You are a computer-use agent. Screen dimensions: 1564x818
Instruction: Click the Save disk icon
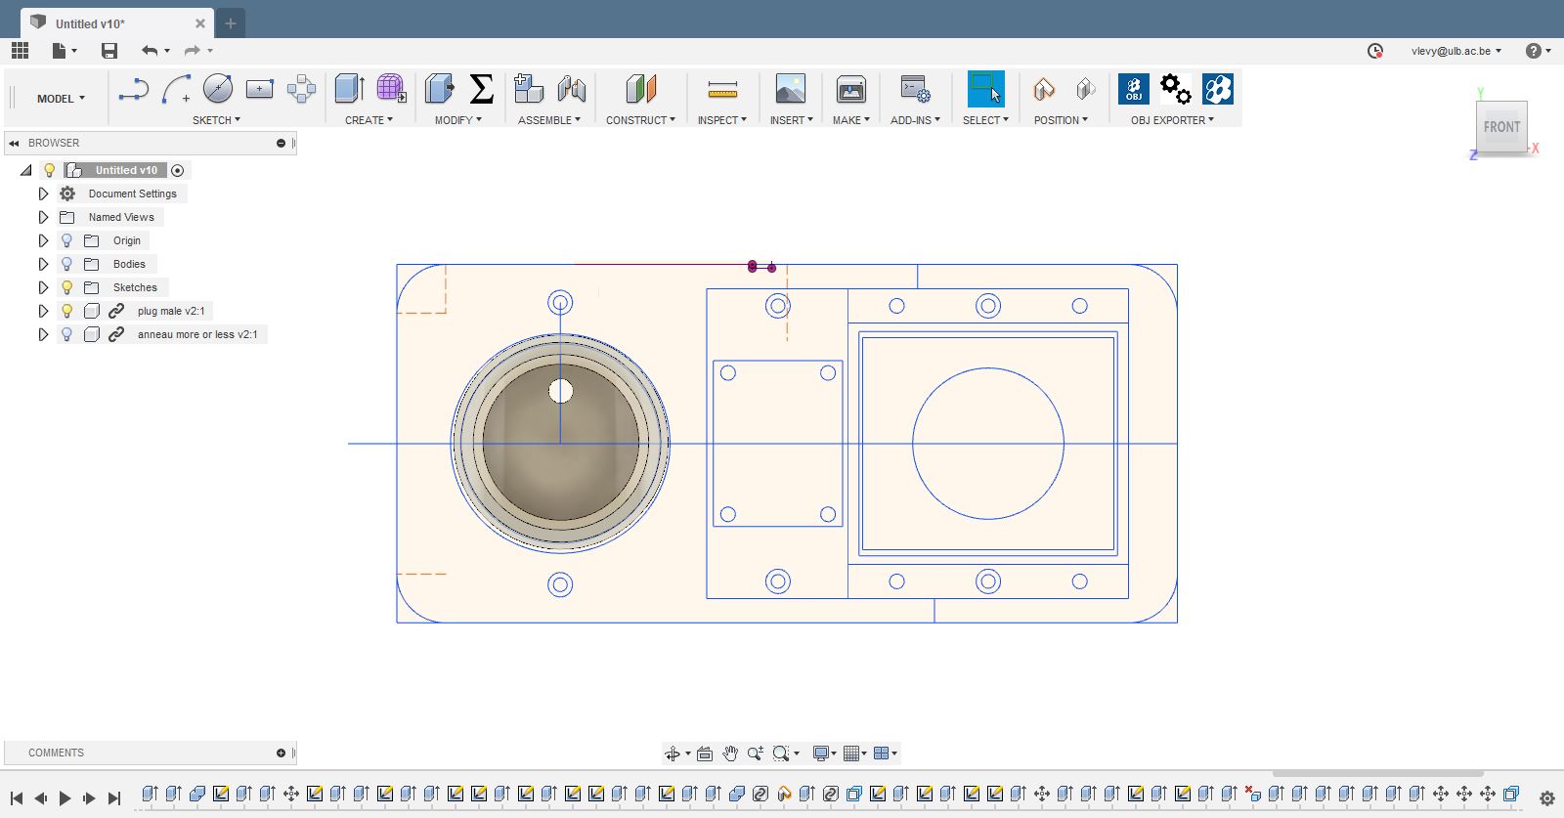pos(109,50)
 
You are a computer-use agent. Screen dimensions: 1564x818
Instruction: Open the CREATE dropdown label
pos(369,120)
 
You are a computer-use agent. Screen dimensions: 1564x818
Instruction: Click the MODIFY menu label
pos(458,120)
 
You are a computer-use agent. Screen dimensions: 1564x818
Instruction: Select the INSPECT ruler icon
pos(722,89)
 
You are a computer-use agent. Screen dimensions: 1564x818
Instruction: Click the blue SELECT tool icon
pos(986,89)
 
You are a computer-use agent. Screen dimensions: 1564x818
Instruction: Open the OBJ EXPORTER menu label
pos(1172,120)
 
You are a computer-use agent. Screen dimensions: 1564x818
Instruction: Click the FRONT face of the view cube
pos(1501,127)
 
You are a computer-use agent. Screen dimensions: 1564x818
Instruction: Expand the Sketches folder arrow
pos(43,287)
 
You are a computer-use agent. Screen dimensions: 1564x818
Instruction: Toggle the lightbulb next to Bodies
pos(67,264)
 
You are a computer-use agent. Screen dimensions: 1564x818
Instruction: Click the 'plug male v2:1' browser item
pos(171,311)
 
